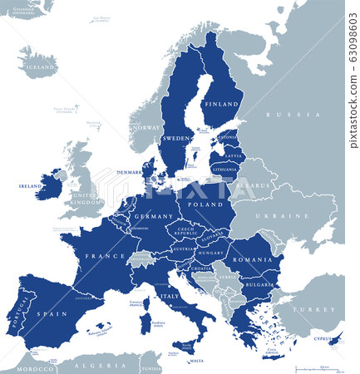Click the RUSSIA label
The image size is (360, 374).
tap(282, 115)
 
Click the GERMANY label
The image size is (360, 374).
tap(154, 216)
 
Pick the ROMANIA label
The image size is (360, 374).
tap(253, 260)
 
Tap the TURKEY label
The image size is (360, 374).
tap(317, 309)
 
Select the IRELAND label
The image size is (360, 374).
tap(30, 186)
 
